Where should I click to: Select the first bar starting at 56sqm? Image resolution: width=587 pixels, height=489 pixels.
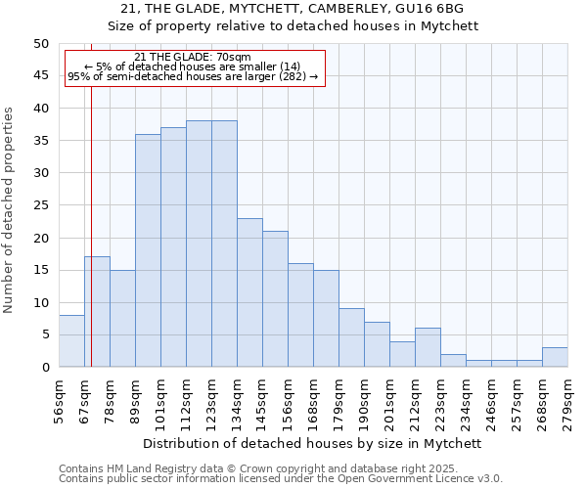[x=71, y=341]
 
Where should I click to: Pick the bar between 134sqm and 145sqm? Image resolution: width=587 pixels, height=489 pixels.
[x=249, y=292]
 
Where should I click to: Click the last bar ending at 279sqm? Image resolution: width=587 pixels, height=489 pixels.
[x=555, y=357]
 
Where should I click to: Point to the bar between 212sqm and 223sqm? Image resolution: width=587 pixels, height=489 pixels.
[x=428, y=347]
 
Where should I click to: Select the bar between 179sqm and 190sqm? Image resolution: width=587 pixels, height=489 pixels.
[x=351, y=337]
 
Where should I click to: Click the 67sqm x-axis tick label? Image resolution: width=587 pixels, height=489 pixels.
[x=84, y=400]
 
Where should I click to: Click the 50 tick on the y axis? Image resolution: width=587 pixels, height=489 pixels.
[x=40, y=44]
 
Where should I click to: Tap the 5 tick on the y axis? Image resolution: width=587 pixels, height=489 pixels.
[x=44, y=334]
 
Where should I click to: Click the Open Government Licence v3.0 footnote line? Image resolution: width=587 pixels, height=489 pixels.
[x=280, y=479]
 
